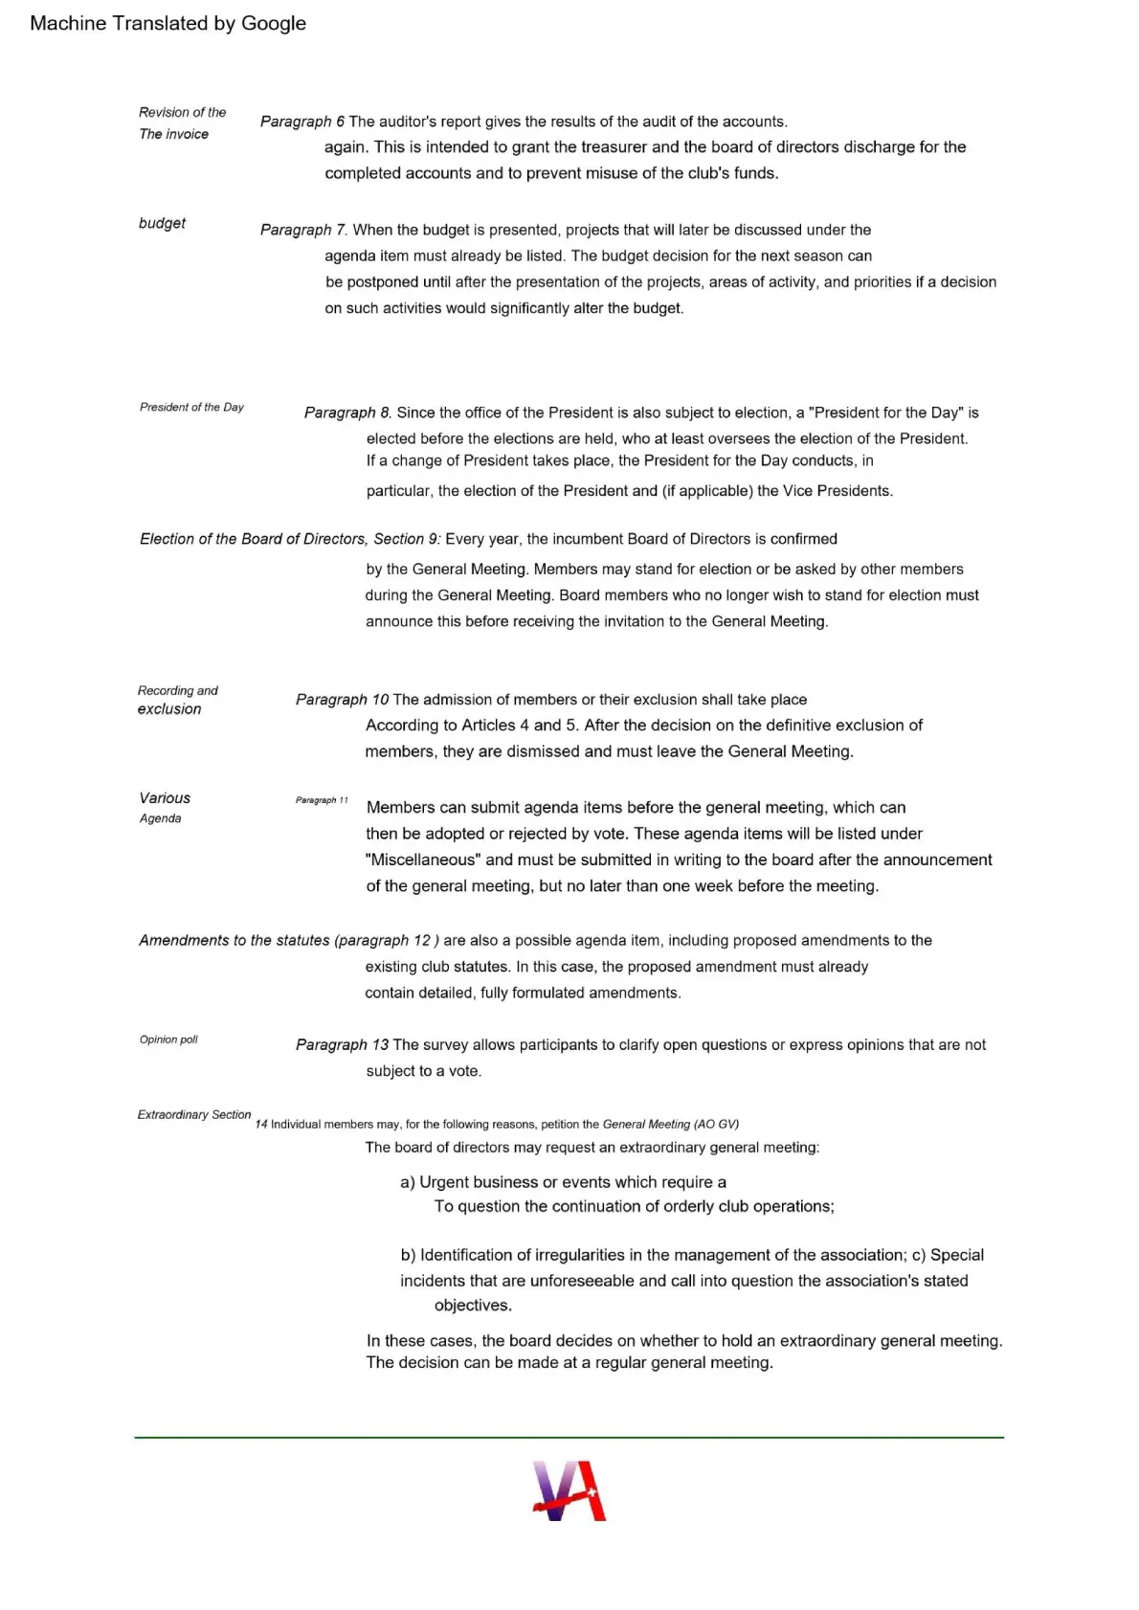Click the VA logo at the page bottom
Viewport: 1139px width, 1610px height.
[x=569, y=1490]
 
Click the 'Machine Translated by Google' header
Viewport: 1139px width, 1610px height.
[x=167, y=23]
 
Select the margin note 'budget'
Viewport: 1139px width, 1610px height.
[x=162, y=223]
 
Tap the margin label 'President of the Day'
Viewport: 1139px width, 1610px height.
[x=191, y=407]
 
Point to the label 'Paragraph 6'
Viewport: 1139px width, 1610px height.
[x=301, y=122]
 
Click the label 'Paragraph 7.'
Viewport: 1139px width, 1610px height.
[x=303, y=230]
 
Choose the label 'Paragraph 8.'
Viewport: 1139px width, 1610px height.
[x=347, y=413]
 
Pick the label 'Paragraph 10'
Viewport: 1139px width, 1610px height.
[x=342, y=700]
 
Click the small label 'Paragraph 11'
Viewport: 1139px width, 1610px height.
[x=322, y=800]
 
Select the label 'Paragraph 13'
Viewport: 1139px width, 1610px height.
[x=342, y=1044]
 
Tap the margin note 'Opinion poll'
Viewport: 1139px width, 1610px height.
[x=168, y=1040]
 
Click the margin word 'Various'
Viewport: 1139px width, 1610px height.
[x=165, y=798]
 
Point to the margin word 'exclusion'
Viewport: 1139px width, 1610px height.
[x=169, y=709]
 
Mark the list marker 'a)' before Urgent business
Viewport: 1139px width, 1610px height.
[x=408, y=1182]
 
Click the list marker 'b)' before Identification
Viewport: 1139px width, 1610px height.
[x=408, y=1255]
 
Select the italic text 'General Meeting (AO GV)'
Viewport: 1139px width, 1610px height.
[x=670, y=1124]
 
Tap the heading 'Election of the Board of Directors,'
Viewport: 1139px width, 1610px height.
[x=253, y=539]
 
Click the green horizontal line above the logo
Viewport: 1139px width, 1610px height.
[x=569, y=1437]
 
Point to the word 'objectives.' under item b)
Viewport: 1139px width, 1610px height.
[x=473, y=1306]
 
